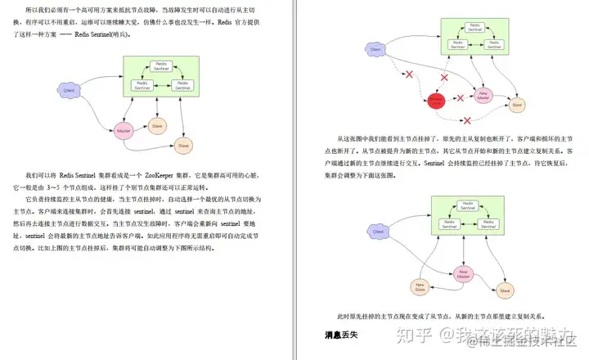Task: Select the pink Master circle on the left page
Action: coord(124,131)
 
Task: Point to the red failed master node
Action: coord(437,100)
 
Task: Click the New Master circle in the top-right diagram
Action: coord(484,96)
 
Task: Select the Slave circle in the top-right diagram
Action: coord(516,106)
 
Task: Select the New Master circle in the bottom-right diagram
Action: coord(464,275)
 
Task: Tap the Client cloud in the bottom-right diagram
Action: coord(377,232)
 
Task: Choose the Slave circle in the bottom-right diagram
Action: coord(505,290)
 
